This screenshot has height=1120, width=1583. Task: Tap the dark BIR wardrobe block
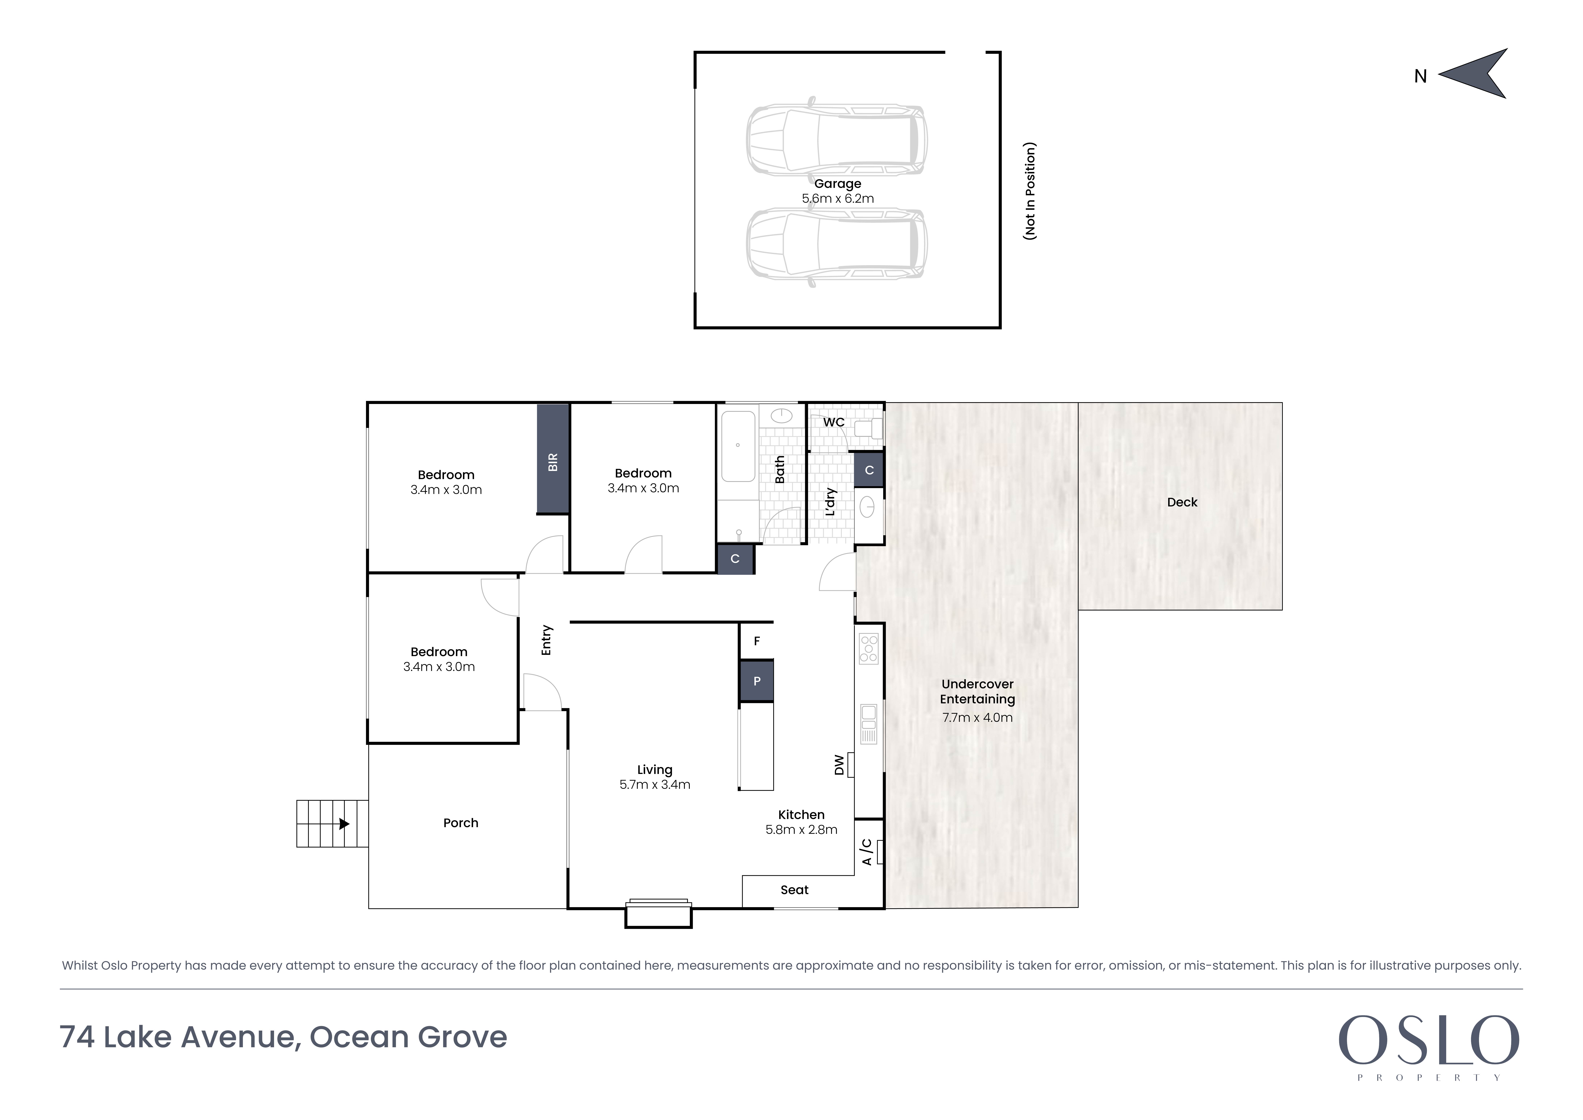pyautogui.click(x=553, y=459)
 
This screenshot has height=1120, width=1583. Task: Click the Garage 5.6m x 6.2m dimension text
pyautogui.click(x=838, y=199)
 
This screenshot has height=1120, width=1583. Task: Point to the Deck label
pyautogui.click(x=1182, y=503)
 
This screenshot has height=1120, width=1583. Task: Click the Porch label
pyautogui.click(x=461, y=823)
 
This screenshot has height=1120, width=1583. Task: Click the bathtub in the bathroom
pyautogui.click(x=738, y=446)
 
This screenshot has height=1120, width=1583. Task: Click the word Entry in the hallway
pyautogui.click(x=547, y=640)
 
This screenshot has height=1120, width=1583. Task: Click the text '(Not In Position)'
pyautogui.click(x=1030, y=191)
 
